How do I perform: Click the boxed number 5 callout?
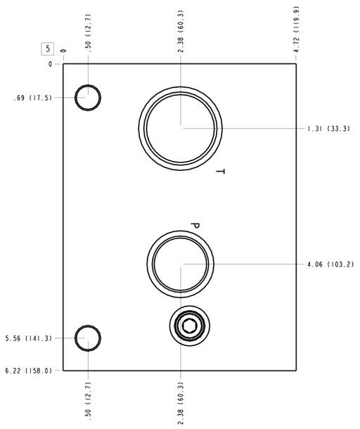48,49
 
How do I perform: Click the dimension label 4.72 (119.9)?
296,30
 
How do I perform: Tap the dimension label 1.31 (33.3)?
329,128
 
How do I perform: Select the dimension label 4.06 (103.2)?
330,264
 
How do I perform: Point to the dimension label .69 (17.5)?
32,98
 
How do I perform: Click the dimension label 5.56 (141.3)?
28,338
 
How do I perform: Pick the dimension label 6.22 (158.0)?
28,371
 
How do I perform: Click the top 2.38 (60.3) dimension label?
181,31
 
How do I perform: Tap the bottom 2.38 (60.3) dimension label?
181,403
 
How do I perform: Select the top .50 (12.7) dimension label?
88,33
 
